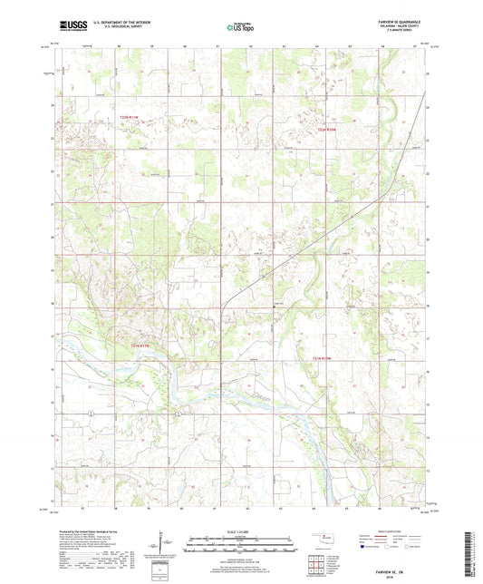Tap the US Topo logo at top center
pos(240,28)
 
